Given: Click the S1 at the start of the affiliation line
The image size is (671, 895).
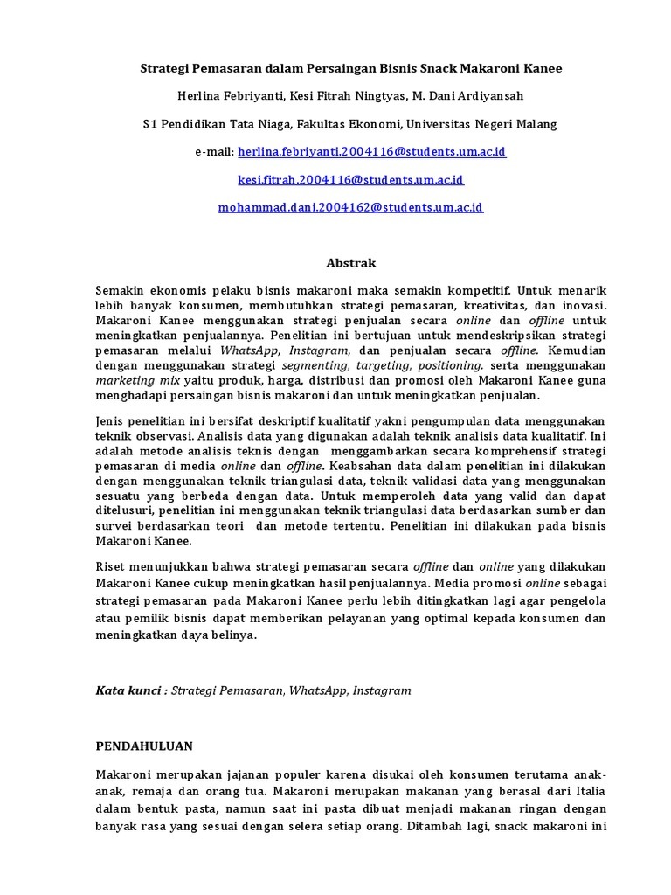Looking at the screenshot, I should pyautogui.click(x=149, y=124).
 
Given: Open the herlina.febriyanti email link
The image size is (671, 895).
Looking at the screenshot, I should pyautogui.click(x=371, y=152).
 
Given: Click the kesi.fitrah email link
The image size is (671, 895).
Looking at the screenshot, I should pyautogui.click(x=350, y=180).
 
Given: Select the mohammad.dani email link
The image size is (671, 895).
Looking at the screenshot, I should pyautogui.click(x=350, y=208).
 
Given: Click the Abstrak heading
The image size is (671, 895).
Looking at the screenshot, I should pyautogui.click(x=350, y=262).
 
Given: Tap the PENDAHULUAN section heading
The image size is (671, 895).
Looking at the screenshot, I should pyautogui.click(x=143, y=746).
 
